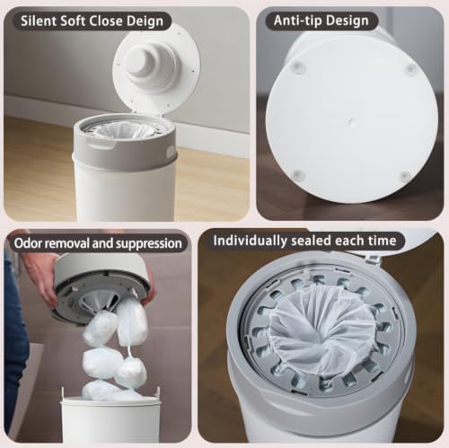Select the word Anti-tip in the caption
point(298,21)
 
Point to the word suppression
point(149,244)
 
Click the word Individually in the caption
point(251,241)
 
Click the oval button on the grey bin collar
point(170,149)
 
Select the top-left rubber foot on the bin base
point(296,66)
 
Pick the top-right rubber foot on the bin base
point(411,68)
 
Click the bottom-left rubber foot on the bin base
point(297,174)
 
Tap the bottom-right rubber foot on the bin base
point(405,175)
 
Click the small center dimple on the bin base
point(352,121)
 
